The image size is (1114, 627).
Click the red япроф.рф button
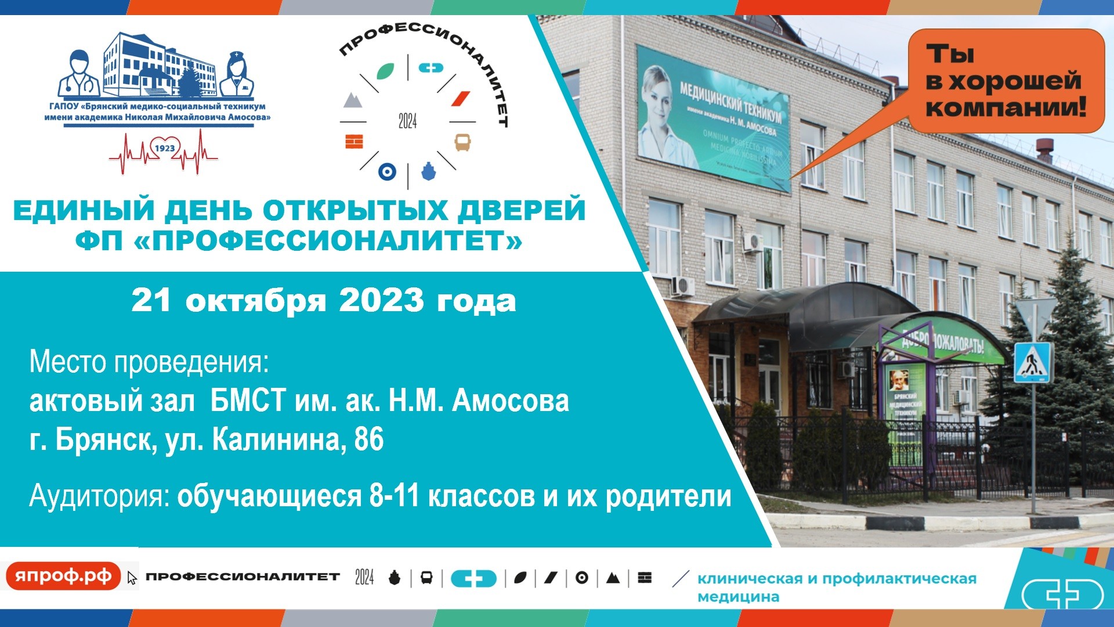pos(63,576)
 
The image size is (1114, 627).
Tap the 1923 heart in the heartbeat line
pos(164,149)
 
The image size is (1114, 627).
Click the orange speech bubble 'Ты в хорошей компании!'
pos(1006,81)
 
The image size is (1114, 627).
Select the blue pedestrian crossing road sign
pos(1032,362)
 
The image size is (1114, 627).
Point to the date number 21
pos(151,301)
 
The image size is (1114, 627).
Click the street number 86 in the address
pos(368,439)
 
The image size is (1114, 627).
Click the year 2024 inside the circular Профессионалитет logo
pos(407,121)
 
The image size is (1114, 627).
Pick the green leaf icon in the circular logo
pos(385,71)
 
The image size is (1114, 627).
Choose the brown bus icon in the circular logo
pos(462,142)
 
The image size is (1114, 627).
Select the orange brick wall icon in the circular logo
pos(354,142)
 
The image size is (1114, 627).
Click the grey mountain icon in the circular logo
pos(353,100)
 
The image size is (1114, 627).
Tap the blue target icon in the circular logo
pos(387,171)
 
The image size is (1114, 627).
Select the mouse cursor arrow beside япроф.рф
pos(132,578)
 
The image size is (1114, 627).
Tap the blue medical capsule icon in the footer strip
pos(473,578)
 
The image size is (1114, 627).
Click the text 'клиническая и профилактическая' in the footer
pos(837,579)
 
